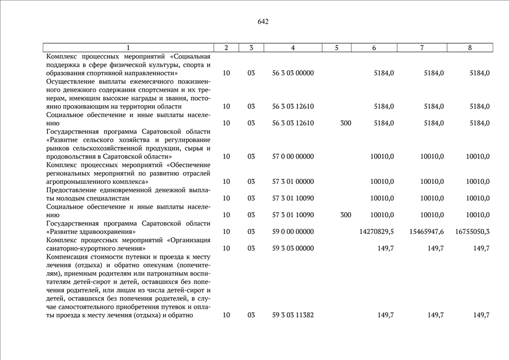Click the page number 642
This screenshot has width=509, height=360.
pos(263,22)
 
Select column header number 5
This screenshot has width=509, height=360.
pos(336,48)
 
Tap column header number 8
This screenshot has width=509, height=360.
pos(470,48)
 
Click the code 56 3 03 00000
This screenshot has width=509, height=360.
pos(292,73)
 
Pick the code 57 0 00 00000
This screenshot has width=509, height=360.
pos(292,156)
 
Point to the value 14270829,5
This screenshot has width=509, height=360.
pos(376,231)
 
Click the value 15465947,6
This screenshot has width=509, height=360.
pos(426,231)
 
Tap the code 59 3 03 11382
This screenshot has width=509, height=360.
pos(292,315)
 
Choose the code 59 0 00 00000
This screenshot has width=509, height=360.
pos(292,231)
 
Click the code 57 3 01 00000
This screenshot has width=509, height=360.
pos(292,182)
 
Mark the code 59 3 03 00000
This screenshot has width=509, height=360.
pos(292,248)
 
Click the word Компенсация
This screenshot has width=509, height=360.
pos(67,256)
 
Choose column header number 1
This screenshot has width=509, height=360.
pos(128,48)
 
